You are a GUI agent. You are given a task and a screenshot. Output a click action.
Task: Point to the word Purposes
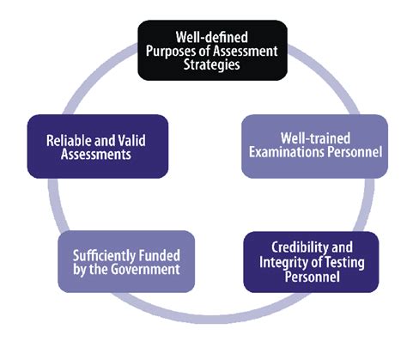coord(170,52)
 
